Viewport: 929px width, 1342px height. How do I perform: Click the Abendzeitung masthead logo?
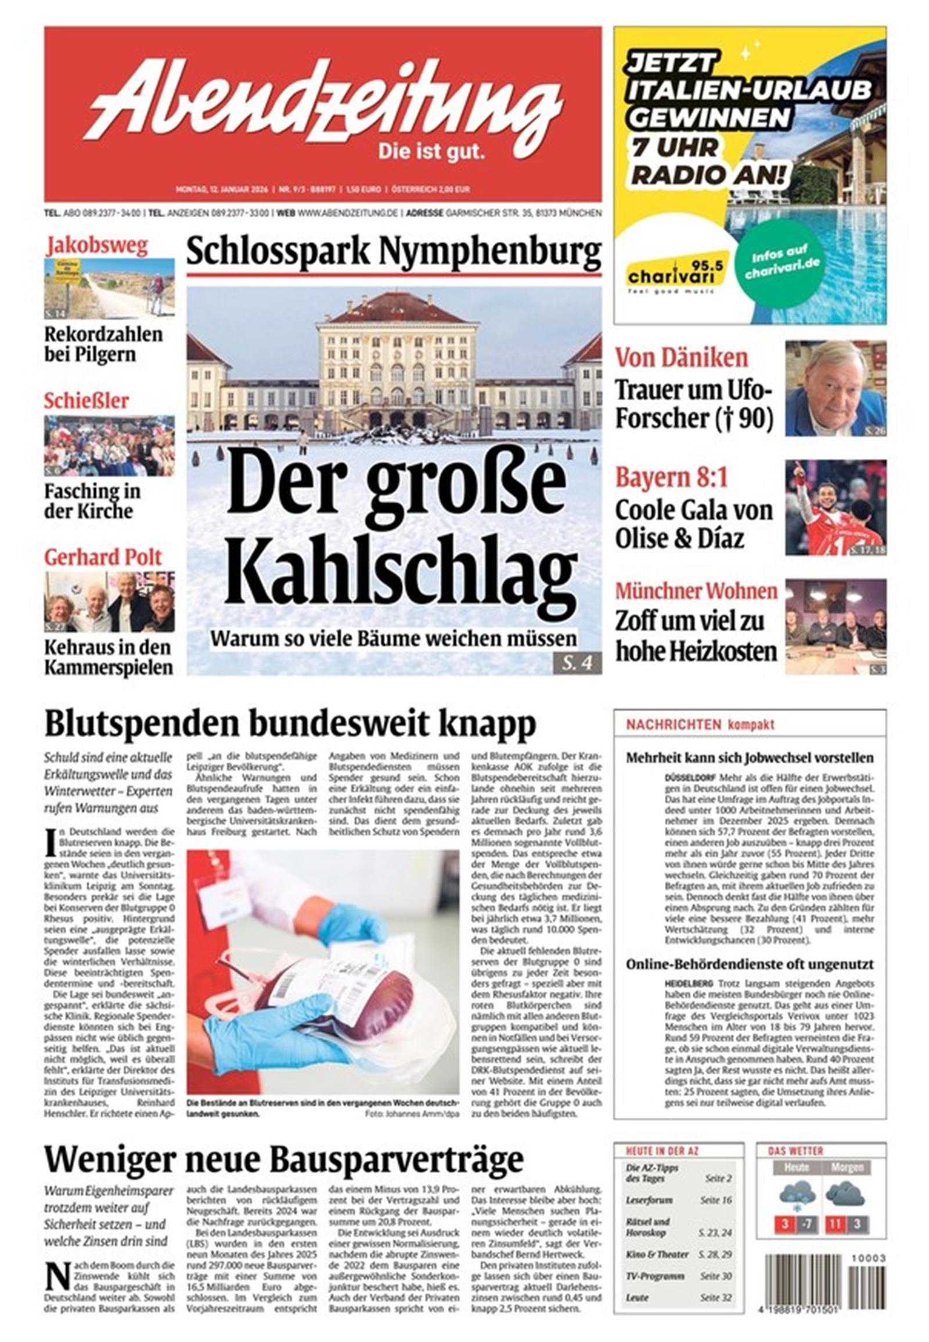click(323, 101)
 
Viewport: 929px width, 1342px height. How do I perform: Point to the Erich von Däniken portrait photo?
click(836, 389)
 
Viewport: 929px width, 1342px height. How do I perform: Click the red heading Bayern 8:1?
click(672, 478)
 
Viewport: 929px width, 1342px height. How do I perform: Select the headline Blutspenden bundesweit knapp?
click(290, 724)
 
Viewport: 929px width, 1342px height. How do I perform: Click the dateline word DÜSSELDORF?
click(689, 778)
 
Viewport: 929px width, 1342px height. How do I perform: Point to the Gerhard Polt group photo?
click(109, 603)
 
